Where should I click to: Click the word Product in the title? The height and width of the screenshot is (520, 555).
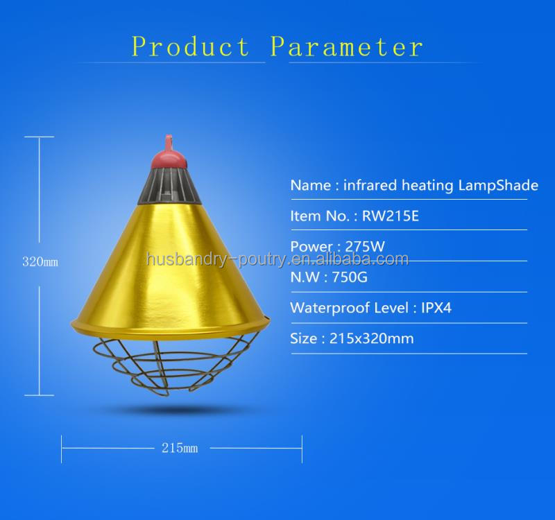pyautogui.click(x=191, y=46)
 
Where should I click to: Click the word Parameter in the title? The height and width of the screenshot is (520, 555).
pyautogui.click(x=346, y=46)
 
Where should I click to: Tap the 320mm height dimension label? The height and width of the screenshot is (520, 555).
pyautogui.click(x=40, y=263)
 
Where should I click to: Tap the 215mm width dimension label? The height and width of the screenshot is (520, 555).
pyautogui.click(x=180, y=448)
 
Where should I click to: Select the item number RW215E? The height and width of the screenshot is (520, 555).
pyautogui.click(x=391, y=216)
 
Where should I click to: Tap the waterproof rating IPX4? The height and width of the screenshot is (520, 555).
pyautogui.click(x=436, y=308)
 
